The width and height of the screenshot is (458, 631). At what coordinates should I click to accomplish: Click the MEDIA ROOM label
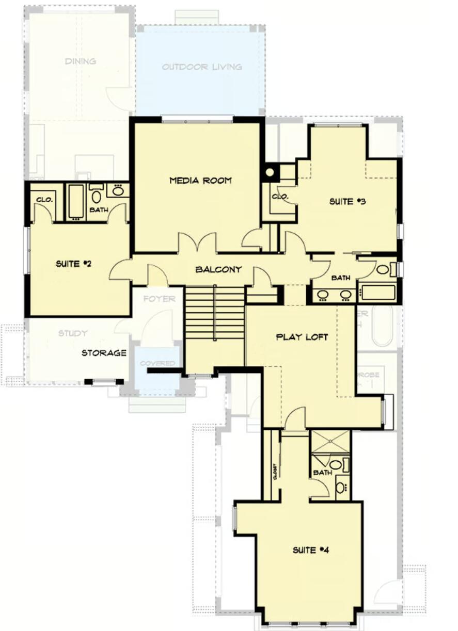[x=200, y=181]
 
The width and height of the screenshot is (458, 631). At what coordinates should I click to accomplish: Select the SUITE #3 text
[x=348, y=202]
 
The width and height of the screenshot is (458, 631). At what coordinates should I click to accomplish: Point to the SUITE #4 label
[x=311, y=551]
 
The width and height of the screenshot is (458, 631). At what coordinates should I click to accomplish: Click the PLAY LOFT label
[x=302, y=337]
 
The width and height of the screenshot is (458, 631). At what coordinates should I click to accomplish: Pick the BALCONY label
[x=218, y=270]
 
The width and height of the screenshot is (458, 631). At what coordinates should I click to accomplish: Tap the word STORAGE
[x=104, y=353]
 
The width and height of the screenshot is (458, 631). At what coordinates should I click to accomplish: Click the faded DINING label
[x=81, y=61]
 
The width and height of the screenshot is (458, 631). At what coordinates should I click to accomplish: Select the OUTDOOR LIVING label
[x=202, y=67]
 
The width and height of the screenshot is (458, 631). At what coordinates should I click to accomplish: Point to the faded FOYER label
[x=159, y=299]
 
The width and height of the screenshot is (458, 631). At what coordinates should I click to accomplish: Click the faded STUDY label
[x=73, y=333]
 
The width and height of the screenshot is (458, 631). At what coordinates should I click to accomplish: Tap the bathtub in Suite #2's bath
[x=76, y=201]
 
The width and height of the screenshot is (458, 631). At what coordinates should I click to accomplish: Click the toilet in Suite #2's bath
[x=97, y=196]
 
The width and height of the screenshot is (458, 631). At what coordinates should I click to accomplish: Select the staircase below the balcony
[x=215, y=313]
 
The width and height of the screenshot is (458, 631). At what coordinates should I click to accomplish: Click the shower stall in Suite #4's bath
[x=330, y=442]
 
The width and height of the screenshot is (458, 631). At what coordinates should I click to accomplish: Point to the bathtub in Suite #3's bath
[x=378, y=293]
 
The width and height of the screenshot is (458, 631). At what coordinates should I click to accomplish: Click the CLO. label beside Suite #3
[x=279, y=197]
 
